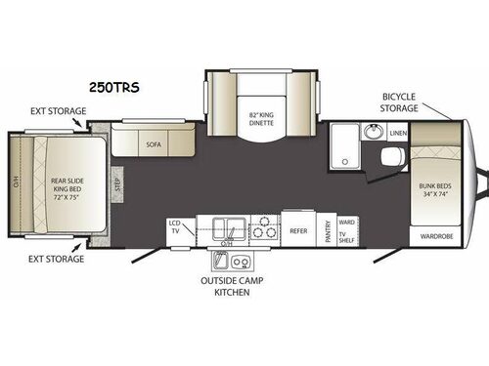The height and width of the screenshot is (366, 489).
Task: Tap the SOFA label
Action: pyautogui.click(x=153, y=143)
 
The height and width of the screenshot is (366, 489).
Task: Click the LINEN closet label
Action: pyautogui.click(x=397, y=133)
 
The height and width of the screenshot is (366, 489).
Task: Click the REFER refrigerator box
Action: pyautogui.click(x=299, y=231)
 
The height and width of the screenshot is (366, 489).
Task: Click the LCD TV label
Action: pyautogui.click(x=175, y=228)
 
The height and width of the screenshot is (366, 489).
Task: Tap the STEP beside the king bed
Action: pyautogui.click(x=116, y=182)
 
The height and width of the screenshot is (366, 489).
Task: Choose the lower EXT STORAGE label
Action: pyautogui.click(x=54, y=260)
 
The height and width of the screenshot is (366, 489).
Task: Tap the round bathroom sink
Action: pyautogui.click(x=371, y=133)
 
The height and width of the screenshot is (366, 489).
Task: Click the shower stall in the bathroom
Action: pyautogui.click(x=343, y=146)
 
